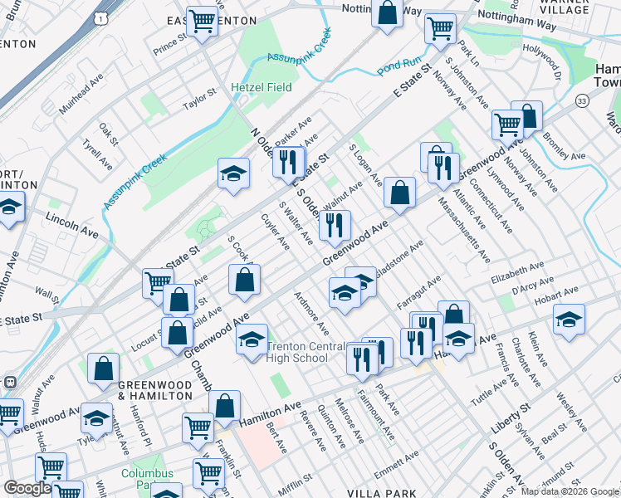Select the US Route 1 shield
pos(100,17)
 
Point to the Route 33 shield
pos(582,100)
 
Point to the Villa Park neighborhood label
pos(383,493)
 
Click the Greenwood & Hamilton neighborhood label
pos(155,390)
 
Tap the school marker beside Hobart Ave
pos(569,320)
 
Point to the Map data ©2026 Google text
pos(569,491)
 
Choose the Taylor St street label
pos(199,100)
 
